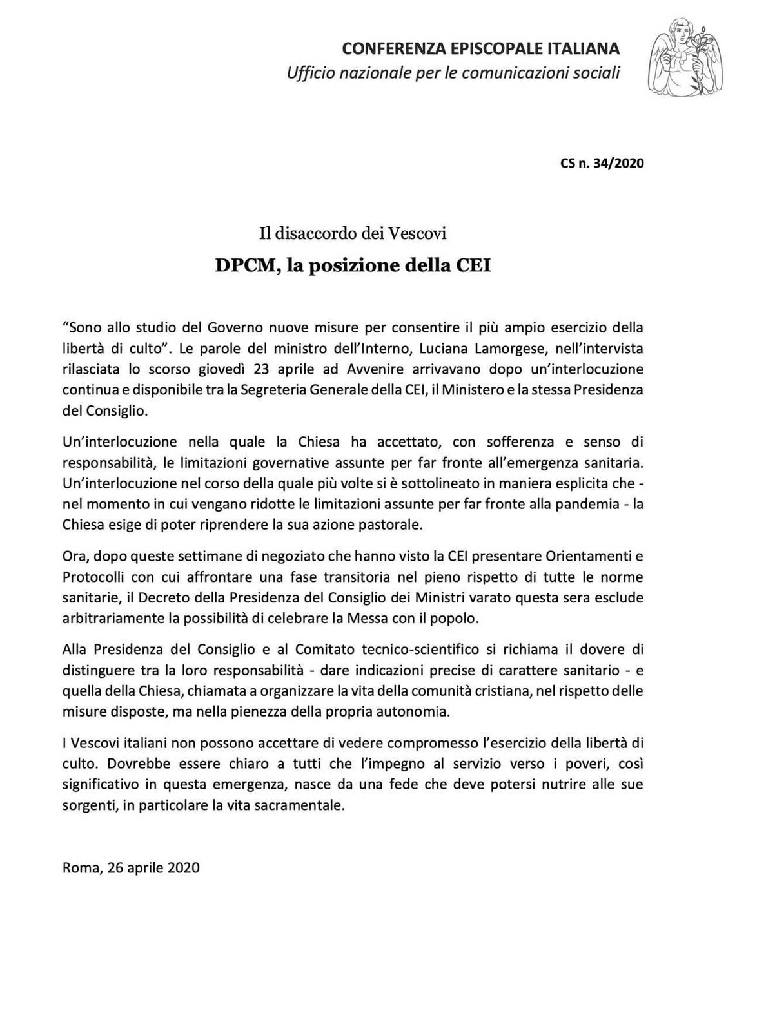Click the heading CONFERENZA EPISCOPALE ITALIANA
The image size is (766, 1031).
(480, 48)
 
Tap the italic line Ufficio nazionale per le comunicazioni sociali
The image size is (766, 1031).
(453, 72)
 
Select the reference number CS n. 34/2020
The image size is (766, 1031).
(602, 163)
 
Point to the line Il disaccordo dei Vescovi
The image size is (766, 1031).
(353, 233)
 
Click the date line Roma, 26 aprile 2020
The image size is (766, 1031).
(131, 867)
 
